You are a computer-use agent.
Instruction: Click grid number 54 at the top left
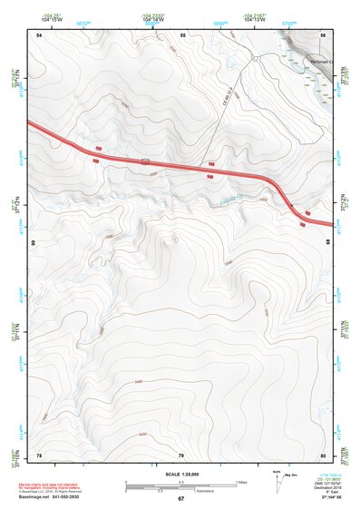click(39, 34)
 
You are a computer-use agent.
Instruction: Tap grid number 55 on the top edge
click(182, 34)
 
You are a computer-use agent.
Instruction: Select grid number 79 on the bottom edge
click(181, 455)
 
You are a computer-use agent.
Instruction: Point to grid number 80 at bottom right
click(323, 455)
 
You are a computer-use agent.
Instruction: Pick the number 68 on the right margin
click(328, 244)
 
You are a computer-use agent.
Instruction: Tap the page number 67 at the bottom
click(180, 499)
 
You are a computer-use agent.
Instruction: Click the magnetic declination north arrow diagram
click(277, 482)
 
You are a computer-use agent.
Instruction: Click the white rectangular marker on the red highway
click(145, 161)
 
